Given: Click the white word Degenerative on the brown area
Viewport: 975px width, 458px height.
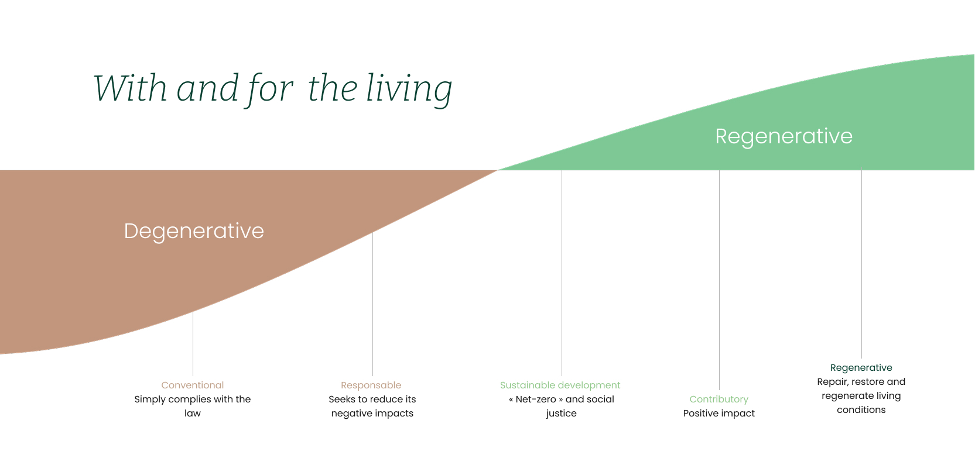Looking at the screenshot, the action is click(194, 231).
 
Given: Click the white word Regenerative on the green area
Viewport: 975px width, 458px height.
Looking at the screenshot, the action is click(784, 137).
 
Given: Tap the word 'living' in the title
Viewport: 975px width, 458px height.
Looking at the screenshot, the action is click(409, 89).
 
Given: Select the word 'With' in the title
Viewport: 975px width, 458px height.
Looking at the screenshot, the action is click(130, 88).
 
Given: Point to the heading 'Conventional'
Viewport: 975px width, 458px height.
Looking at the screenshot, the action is click(193, 385).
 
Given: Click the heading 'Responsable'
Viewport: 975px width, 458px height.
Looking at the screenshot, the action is click(371, 385).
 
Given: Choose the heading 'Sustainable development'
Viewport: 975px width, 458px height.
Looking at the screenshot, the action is click(560, 385).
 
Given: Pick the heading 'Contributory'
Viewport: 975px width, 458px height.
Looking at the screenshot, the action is click(719, 400).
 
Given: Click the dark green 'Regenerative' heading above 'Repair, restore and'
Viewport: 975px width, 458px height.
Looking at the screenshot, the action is click(861, 368).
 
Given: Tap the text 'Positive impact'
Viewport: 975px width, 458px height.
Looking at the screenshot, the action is click(719, 413).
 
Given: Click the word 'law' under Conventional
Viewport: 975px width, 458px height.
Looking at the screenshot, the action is click(193, 413).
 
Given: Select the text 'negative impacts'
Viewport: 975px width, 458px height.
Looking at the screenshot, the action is click(372, 413).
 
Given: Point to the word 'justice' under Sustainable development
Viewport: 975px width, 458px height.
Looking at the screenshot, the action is click(561, 413).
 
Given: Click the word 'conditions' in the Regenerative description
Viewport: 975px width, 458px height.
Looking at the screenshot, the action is click(861, 409).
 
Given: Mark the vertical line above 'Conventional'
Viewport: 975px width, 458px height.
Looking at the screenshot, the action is click(193, 343).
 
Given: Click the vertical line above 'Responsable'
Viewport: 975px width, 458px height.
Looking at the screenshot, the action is click(372, 304).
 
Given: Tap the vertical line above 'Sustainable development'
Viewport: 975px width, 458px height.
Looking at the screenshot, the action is click(562, 273).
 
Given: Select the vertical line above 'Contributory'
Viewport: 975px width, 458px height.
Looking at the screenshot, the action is click(719, 280).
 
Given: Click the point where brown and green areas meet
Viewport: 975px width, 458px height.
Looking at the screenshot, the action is click(497, 170).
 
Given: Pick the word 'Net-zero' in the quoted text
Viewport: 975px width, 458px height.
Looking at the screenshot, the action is click(536, 400).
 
